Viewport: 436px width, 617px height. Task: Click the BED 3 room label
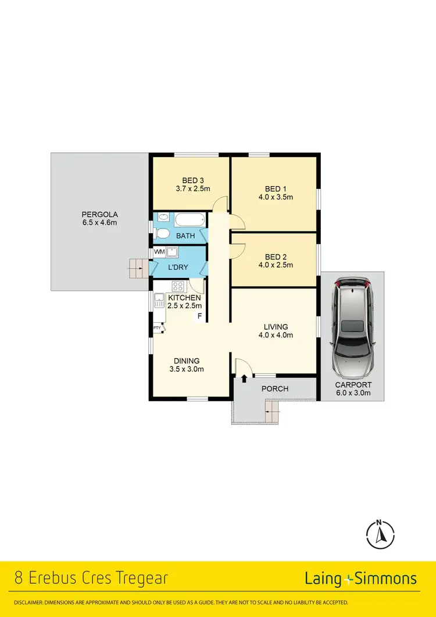pos(192,180)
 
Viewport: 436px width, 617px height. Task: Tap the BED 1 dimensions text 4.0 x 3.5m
pos(276,197)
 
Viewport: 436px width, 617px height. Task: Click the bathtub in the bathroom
pos(190,220)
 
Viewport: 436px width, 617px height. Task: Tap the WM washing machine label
pos(159,252)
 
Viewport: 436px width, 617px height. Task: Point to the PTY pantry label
pos(157,328)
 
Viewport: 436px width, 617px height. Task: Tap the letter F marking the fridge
pos(199,316)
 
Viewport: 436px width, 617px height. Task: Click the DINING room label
pos(186,361)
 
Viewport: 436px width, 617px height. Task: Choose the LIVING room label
pos(276,327)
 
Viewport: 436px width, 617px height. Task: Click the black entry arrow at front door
pos(244,379)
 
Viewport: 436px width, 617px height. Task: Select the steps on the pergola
pos(137,268)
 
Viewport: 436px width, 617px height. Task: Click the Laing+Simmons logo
pos(360,579)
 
